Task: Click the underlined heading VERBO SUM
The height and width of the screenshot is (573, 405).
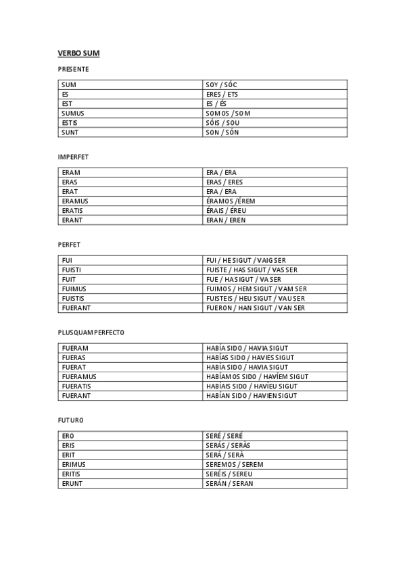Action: coord(78,53)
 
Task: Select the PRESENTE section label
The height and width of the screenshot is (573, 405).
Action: coord(73,69)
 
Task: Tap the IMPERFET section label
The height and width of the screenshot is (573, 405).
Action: coord(73,157)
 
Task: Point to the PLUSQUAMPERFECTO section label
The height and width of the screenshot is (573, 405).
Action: coord(91,332)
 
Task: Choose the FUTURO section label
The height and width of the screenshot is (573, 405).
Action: coord(70,420)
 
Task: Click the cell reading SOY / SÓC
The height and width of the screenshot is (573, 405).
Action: coord(222,85)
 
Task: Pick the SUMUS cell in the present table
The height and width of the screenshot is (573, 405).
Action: coord(73,114)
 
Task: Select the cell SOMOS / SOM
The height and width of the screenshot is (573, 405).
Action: coord(228,114)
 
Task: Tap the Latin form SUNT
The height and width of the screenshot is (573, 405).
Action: coord(70,132)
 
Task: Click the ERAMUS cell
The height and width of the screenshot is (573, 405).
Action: coord(75,201)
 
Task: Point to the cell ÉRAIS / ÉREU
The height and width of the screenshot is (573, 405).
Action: coord(226,211)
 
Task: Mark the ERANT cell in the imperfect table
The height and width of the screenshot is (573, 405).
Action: coord(72,220)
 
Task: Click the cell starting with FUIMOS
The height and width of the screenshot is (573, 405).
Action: coord(256,289)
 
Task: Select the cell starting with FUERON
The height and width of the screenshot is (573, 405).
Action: coord(256,308)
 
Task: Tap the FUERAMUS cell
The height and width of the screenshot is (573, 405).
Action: coord(79,377)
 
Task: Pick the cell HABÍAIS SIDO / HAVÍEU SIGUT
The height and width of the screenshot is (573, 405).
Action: coord(252,387)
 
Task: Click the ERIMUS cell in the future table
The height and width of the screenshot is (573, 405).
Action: coord(74,465)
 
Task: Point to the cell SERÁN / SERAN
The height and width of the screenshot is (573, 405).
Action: coord(229,484)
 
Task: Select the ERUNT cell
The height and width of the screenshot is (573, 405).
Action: coord(72,484)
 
